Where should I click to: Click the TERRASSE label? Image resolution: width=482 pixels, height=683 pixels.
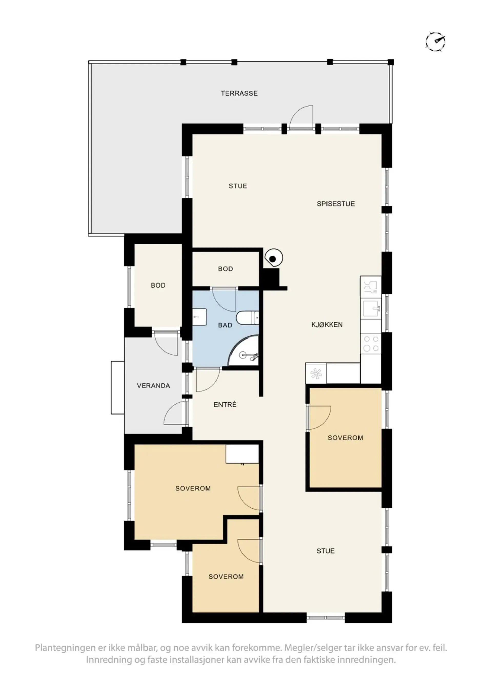[239, 93]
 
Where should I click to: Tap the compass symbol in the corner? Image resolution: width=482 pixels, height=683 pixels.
[435, 41]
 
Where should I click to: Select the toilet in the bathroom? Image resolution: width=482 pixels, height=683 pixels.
[247, 318]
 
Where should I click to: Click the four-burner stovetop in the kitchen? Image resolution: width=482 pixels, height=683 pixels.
[371, 343]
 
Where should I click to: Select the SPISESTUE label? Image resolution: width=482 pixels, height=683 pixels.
[336, 204]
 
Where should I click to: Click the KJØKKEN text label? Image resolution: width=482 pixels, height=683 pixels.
[327, 325]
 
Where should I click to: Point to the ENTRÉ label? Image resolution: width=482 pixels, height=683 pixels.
[225, 405]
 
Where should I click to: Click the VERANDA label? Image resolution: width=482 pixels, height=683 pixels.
[153, 386]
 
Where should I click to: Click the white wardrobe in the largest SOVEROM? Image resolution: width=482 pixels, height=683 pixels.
[242, 454]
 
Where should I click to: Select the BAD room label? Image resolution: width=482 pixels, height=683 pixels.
[225, 325]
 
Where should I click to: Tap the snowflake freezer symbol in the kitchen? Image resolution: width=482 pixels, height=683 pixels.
[316, 373]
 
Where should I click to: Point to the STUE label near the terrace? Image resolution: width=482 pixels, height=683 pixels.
[238, 186]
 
